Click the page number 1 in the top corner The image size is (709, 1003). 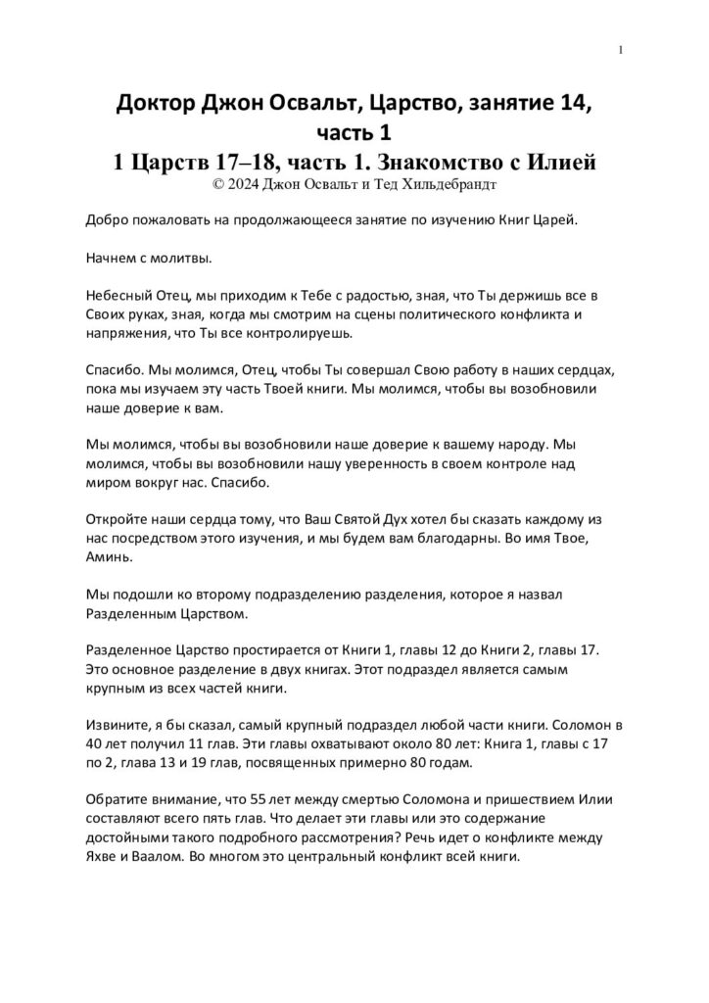tap(622, 50)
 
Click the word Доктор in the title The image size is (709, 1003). tap(154, 103)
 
